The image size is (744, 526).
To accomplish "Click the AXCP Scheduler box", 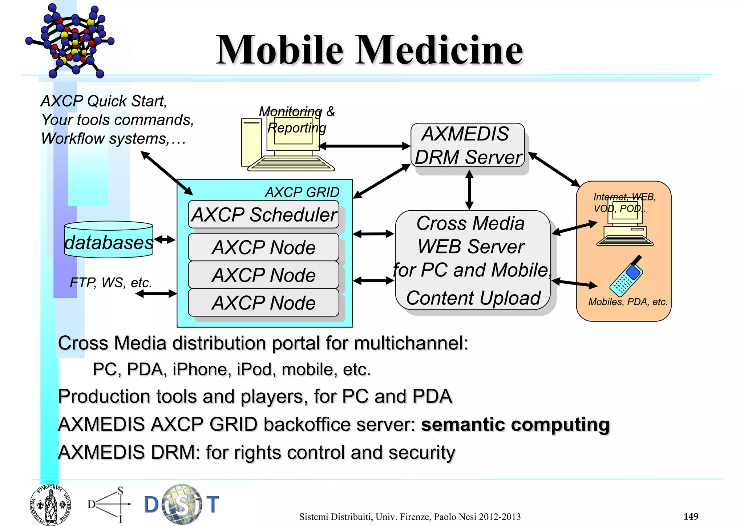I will coord(263,214).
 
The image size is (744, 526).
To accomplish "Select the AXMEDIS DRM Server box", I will coord(468,145).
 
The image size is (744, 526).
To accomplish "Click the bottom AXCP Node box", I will coord(263,303).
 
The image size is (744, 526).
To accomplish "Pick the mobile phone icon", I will coord(626,277).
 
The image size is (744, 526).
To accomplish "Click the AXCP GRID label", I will coord(302,192).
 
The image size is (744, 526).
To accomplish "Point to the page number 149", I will coord(691,516).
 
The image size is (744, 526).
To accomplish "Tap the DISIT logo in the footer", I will coord(182,504).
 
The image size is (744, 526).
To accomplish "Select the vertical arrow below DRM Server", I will coord(469,190).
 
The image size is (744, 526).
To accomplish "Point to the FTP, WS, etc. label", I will coord(110,282).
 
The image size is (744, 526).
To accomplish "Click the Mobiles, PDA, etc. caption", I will coord(628,302).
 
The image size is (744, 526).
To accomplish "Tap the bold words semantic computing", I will coord(515,424).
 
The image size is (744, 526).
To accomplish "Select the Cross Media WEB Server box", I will coord(472,260).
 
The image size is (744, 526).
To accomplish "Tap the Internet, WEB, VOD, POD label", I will coord(624,202).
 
